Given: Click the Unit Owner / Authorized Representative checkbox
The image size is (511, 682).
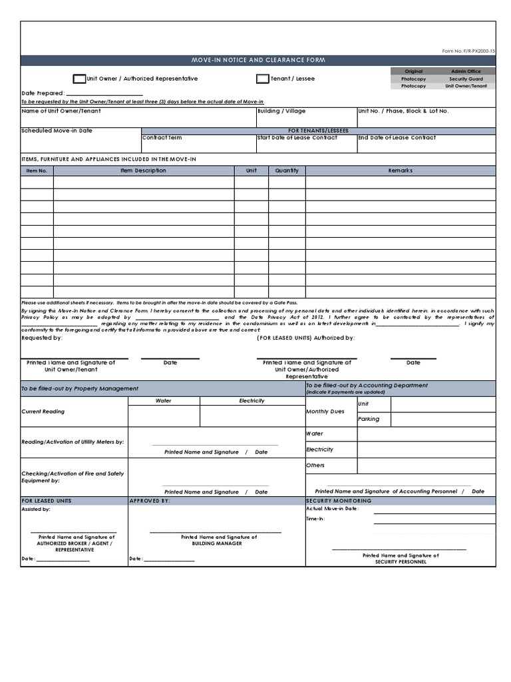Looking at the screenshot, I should (x=79, y=79).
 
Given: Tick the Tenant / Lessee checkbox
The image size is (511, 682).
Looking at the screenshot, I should (x=262, y=79).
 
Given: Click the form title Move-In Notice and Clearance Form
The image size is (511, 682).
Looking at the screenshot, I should (x=258, y=61).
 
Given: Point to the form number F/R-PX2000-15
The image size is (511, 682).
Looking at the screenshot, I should (x=468, y=51).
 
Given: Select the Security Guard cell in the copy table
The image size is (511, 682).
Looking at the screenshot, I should (x=466, y=79).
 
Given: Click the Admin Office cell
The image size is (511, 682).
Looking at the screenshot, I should (x=466, y=71).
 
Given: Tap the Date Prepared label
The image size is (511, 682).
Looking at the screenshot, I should (x=43, y=93).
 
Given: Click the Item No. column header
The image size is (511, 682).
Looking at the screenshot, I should (x=37, y=171).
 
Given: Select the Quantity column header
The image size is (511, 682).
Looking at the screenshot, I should (x=287, y=171).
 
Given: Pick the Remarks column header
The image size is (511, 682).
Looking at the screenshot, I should (x=400, y=171).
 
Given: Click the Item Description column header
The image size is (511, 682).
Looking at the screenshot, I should (x=143, y=171).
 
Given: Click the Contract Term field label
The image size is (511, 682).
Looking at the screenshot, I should (x=162, y=138).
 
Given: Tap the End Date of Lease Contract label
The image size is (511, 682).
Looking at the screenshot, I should (x=397, y=138).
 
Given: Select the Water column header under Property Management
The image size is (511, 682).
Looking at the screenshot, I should (x=164, y=401).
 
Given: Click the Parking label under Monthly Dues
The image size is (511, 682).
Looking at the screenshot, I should (x=369, y=419).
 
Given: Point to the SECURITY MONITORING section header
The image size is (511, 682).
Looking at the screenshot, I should (x=339, y=500).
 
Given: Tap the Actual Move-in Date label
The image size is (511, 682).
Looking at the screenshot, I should (x=333, y=509).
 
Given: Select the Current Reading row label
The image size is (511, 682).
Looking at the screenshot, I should (x=43, y=412).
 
